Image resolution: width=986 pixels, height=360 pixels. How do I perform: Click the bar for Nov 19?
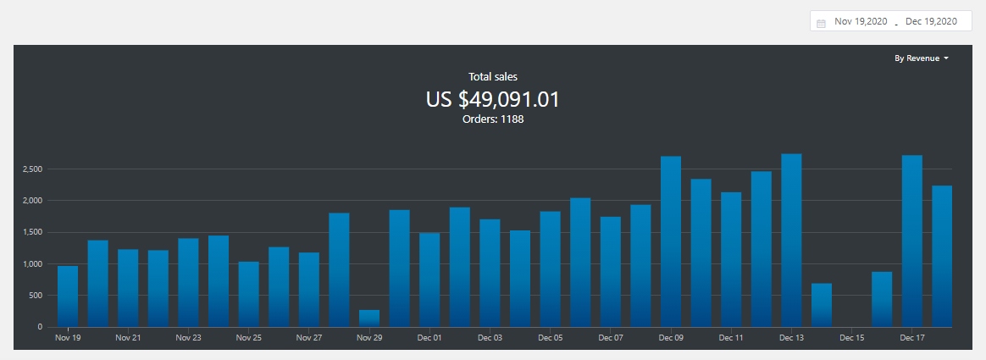click(68, 296)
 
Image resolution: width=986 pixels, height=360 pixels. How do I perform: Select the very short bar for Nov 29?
click(369, 318)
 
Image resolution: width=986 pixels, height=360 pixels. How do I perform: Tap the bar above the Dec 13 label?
click(791, 241)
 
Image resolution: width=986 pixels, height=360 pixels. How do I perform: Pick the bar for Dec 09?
click(671, 241)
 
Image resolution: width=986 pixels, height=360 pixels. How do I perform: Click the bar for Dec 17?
click(912, 241)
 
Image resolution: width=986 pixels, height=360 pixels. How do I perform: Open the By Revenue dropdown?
click(921, 58)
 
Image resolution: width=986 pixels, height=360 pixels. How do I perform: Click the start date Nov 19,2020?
click(861, 22)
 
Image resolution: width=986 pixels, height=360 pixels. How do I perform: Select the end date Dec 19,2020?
click(931, 22)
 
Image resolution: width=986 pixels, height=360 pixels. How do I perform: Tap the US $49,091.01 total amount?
click(492, 99)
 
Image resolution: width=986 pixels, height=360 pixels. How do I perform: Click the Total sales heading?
click(492, 77)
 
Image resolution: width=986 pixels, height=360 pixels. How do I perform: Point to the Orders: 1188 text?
click(492, 119)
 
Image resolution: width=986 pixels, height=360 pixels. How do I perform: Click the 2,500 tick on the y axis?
click(32, 169)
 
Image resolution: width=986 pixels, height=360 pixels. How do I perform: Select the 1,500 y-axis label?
click(32, 232)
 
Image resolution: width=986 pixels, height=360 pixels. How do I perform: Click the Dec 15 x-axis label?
click(851, 338)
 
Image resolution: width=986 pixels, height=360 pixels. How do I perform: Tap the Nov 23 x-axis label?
click(188, 338)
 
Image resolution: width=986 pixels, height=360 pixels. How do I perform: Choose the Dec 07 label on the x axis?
click(611, 338)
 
